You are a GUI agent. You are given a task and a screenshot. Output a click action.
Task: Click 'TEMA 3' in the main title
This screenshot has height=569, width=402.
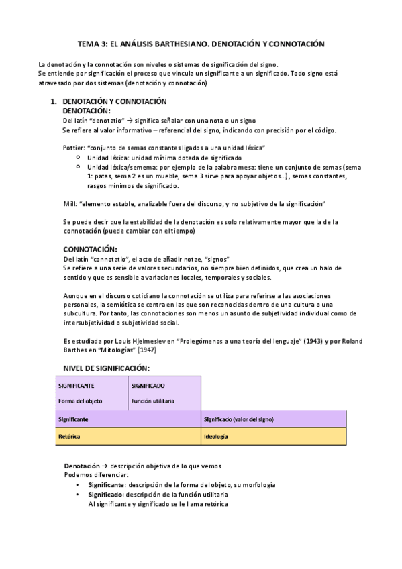coord(93,44)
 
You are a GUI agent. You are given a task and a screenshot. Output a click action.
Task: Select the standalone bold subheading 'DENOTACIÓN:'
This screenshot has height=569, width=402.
coord(87,110)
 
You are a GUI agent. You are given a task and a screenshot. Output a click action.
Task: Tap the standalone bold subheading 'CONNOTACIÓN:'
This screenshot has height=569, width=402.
coord(90,249)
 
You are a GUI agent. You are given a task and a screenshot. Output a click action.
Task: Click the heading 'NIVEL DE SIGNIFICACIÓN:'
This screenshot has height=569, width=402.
coord(106,368)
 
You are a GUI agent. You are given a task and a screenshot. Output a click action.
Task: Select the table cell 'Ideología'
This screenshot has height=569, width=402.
coord(215,436)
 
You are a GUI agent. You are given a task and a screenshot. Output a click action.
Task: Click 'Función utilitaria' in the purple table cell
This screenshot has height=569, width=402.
coord(153,401)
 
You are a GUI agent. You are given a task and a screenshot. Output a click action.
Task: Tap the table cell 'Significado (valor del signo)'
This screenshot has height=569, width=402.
coord(237,419)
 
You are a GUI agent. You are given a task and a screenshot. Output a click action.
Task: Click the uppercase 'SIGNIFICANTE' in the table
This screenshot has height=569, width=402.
coord(76,386)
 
